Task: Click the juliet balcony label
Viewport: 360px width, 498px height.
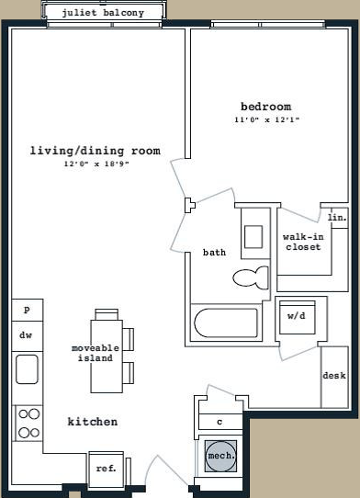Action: point(103,13)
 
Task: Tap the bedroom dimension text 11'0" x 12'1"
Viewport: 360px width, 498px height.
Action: point(267,120)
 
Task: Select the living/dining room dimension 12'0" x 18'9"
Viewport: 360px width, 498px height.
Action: point(96,164)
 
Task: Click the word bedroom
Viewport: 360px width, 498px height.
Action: point(266,107)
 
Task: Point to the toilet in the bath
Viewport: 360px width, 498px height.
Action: point(251,277)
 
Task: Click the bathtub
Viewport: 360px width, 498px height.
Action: point(226,323)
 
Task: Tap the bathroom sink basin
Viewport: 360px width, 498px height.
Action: point(253,237)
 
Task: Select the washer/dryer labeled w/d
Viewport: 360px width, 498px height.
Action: point(298,317)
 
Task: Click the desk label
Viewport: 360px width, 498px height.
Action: point(334,376)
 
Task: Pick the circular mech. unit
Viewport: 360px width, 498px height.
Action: point(220,456)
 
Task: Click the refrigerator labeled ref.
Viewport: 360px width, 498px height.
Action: point(106,470)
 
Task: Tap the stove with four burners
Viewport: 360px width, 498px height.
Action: point(28,423)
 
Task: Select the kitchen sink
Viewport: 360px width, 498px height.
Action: point(27,369)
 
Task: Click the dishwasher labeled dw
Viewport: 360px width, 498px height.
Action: point(28,336)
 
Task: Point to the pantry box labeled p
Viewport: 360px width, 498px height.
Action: point(28,310)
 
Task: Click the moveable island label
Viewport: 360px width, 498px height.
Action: point(96,353)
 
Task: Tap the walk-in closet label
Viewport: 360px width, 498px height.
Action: point(303,242)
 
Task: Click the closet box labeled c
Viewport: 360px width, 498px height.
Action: point(220,422)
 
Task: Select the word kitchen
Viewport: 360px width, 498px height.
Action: point(93,422)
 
